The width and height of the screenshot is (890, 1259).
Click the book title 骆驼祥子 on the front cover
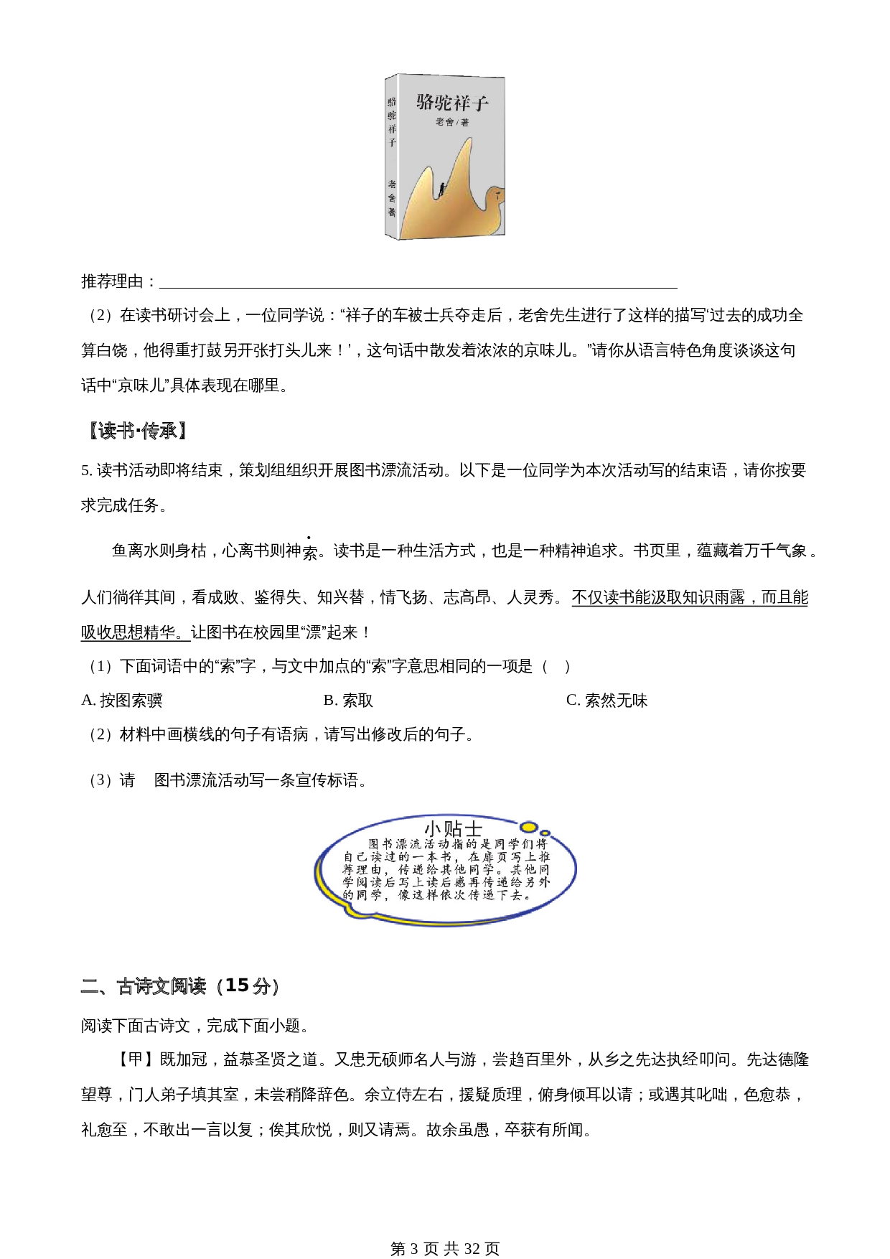coord(452,103)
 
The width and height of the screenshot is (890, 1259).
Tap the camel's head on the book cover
coord(495,194)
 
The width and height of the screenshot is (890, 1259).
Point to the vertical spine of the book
coord(392,156)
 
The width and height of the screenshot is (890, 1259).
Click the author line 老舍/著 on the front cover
coord(452,123)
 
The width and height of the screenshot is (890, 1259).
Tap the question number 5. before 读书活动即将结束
coord(87,471)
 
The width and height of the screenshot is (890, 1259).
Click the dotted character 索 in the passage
coord(309,552)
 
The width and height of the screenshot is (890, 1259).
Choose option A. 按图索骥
coord(122,701)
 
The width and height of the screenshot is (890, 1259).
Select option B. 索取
coord(348,701)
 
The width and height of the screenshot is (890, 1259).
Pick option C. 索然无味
coord(606,701)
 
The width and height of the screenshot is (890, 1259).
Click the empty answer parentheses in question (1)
coord(556,667)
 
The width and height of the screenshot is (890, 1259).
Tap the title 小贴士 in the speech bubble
coord(453,829)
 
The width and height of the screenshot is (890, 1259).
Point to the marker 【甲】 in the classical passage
coord(135,1059)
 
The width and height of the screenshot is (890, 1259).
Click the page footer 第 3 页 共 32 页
coord(445,1249)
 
